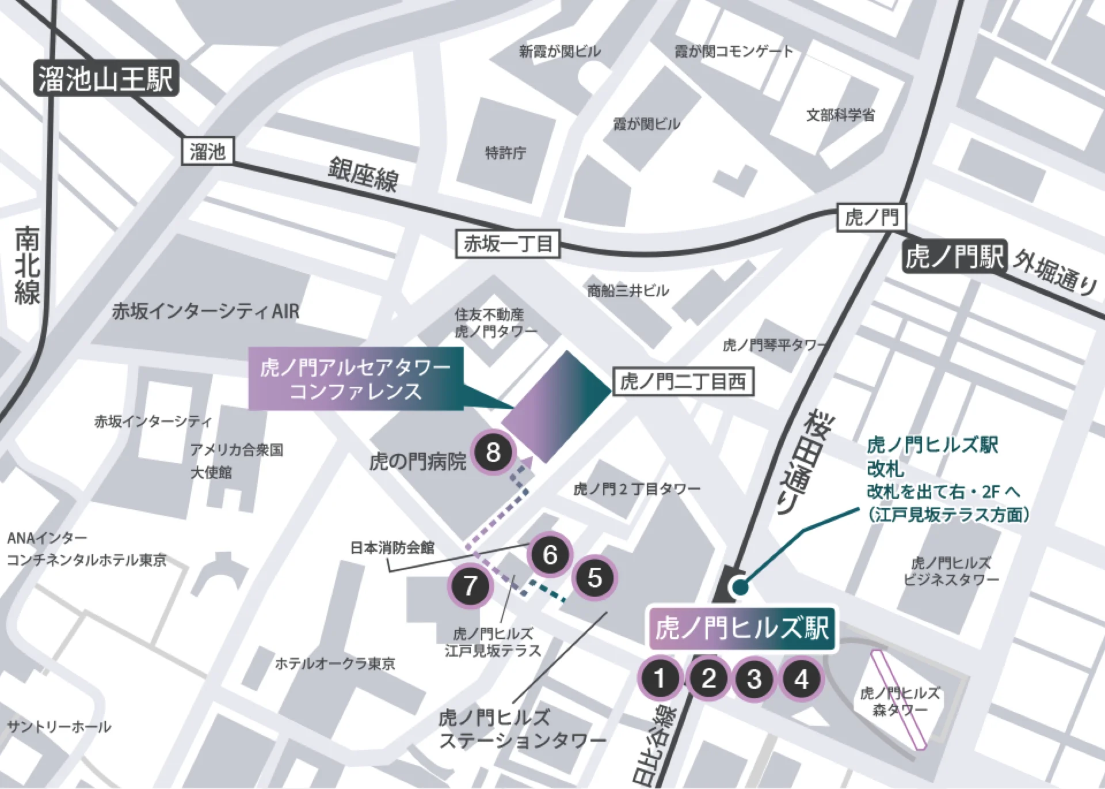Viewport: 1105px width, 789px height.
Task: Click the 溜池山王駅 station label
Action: click(106, 78)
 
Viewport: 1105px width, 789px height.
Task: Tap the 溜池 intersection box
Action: click(207, 152)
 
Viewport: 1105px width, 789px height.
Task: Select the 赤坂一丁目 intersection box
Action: click(508, 244)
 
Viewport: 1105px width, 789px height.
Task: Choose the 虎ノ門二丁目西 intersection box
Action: click(683, 381)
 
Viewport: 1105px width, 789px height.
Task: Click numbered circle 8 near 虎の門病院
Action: click(493, 452)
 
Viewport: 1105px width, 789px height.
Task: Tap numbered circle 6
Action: click(550, 555)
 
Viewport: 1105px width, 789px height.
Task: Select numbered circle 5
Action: click(595, 578)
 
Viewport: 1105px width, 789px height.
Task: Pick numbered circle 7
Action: click(470, 586)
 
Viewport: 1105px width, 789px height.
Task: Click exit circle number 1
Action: click(660, 678)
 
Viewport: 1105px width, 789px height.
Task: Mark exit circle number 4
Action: click(802, 679)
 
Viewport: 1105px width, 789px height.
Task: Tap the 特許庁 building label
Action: click(505, 153)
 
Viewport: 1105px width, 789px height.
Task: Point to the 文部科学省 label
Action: click(840, 115)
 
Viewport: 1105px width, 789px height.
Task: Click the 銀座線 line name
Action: click(363, 173)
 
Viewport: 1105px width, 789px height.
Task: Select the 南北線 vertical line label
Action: click(27, 265)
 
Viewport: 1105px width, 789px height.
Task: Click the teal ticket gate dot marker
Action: click(739, 587)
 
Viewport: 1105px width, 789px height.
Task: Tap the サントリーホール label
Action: click(59, 727)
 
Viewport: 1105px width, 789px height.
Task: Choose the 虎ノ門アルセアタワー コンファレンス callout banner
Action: click(356, 379)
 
